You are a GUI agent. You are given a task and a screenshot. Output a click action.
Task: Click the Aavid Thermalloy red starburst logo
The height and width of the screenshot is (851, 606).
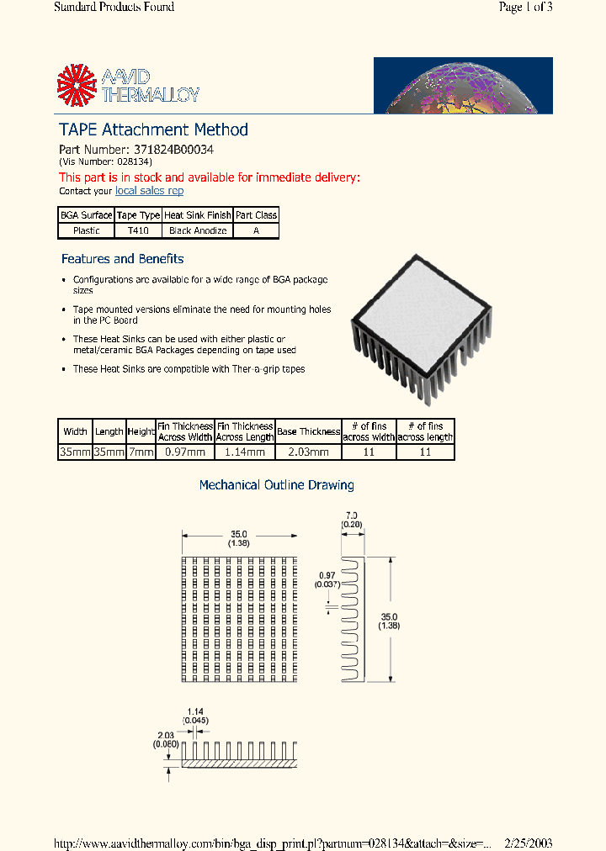pyautogui.click(x=77, y=86)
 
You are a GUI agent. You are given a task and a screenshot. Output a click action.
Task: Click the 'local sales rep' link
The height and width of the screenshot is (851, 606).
pyautogui.click(x=149, y=191)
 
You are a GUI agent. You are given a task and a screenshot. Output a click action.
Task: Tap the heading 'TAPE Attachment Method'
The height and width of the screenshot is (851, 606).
pyautogui.click(x=153, y=129)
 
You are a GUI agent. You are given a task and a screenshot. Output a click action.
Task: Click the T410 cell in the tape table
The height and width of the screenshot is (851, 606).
pyautogui.click(x=138, y=230)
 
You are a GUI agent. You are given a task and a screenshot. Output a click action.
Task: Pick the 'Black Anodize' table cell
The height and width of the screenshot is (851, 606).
pyautogui.click(x=197, y=230)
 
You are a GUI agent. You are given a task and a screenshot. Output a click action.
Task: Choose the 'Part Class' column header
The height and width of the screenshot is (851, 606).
pyautogui.click(x=256, y=215)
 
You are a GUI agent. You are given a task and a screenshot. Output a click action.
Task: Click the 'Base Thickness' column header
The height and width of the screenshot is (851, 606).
pyautogui.click(x=308, y=431)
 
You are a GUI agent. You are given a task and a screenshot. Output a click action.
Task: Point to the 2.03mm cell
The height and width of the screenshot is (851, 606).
pyautogui.click(x=308, y=452)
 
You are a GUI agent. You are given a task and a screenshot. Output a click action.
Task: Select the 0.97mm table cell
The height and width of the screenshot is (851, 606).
pyautogui.click(x=185, y=452)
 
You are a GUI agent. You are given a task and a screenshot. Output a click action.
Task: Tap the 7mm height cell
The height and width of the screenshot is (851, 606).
pyautogui.click(x=141, y=452)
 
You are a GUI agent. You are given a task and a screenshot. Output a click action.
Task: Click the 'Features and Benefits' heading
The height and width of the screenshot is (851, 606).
pyautogui.click(x=122, y=259)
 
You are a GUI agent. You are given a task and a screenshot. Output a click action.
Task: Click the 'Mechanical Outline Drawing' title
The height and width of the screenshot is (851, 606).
pyautogui.click(x=276, y=485)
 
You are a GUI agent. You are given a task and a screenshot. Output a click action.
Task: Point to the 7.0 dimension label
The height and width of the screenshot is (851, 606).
pyautogui.click(x=352, y=515)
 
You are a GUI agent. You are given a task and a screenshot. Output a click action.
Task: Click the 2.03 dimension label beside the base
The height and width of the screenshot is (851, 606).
pyautogui.click(x=164, y=735)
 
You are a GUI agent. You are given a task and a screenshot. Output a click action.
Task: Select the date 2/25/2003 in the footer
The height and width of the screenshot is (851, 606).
pyautogui.click(x=528, y=843)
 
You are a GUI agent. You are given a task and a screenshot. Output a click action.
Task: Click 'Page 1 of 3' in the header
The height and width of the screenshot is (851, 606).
pyautogui.click(x=525, y=8)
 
